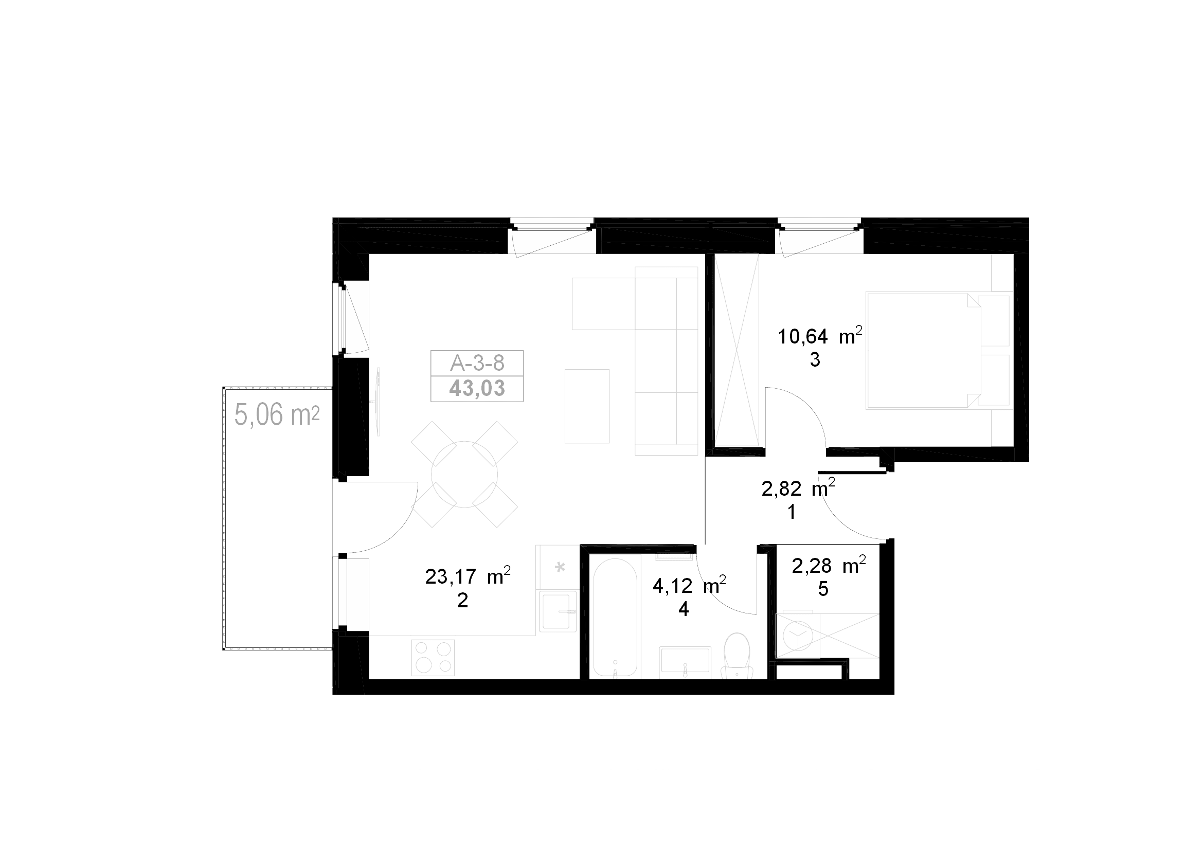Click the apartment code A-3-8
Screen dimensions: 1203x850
click(x=477, y=363)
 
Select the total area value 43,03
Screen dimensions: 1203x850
click(x=477, y=389)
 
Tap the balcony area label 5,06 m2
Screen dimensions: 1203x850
click(x=277, y=415)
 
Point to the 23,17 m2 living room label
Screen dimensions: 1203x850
click(x=468, y=576)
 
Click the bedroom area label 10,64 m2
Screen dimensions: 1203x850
click(x=820, y=336)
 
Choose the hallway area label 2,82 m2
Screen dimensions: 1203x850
click(x=798, y=488)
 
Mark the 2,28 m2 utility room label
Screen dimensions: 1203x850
click(x=829, y=566)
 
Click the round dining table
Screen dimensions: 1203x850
click(x=464, y=475)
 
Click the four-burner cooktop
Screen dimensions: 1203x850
click(x=433, y=657)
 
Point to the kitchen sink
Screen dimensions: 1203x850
click(x=559, y=612)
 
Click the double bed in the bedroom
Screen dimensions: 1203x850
click(x=923, y=350)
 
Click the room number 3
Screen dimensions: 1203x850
click(x=815, y=360)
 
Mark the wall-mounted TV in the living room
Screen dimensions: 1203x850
click(x=377, y=402)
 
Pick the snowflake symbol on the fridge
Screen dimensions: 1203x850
click(x=560, y=567)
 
